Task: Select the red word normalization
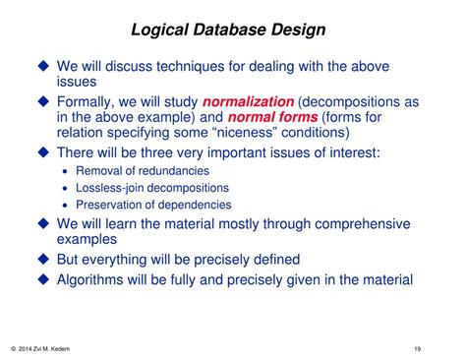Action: coord(248,101)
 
